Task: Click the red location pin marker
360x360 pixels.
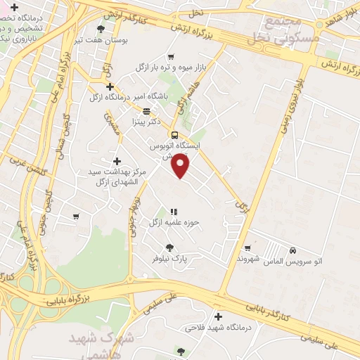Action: (181, 166)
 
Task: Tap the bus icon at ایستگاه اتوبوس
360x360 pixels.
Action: (174, 135)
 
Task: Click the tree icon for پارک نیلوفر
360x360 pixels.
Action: (169, 247)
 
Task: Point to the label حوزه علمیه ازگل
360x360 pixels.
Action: (174, 222)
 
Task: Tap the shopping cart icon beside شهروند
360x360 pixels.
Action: (247, 247)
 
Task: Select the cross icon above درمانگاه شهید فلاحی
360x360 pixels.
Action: (218, 316)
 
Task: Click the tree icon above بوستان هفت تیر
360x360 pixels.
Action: (101, 30)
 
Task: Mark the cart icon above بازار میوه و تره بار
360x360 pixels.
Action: (170, 57)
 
